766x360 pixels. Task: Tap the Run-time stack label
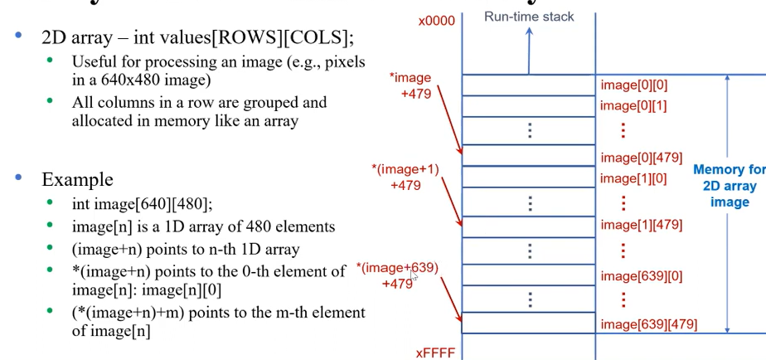[530, 16]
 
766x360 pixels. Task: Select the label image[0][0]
[633, 85]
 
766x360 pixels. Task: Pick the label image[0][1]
[633, 105]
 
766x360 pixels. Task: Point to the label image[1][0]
[633, 178]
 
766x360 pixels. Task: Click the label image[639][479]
[649, 324]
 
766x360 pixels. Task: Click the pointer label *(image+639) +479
[397, 275]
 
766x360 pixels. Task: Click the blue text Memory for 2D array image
[729, 185]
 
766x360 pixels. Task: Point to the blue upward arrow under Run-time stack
[528, 51]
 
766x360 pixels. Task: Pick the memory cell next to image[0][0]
[528, 85]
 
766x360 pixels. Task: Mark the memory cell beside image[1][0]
[528, 177]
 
